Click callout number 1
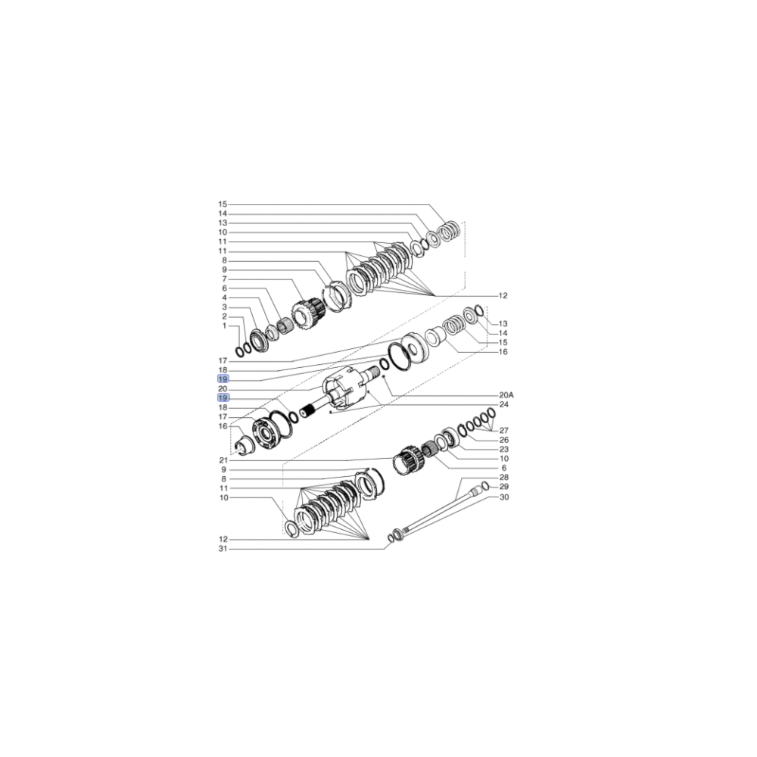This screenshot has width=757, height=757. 223,326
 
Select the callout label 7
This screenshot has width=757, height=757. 224,279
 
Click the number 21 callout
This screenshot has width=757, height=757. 223,460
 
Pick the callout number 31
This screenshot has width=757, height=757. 223,548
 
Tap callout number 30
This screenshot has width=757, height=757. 503,497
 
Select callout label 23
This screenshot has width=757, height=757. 503,450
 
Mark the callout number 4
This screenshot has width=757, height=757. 224,298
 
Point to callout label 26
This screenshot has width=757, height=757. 503,440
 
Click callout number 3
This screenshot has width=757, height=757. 224,307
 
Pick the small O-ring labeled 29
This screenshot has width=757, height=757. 485,485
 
